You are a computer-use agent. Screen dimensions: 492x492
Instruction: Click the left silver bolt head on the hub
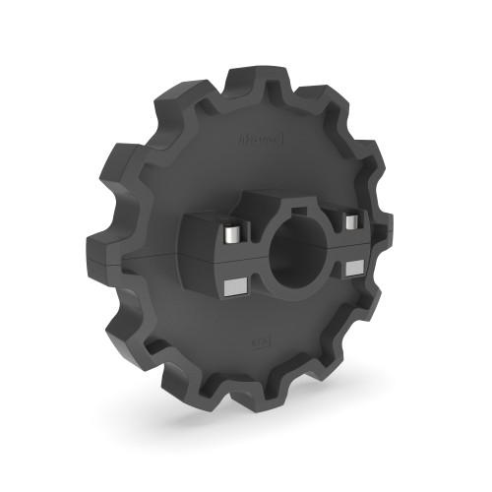[229, 236]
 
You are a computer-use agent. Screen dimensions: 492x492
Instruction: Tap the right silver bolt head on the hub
[349, 218]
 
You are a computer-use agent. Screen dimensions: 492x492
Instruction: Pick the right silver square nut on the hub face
[355, 267]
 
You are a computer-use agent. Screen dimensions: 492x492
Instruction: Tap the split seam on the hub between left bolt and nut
[231, 263]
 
